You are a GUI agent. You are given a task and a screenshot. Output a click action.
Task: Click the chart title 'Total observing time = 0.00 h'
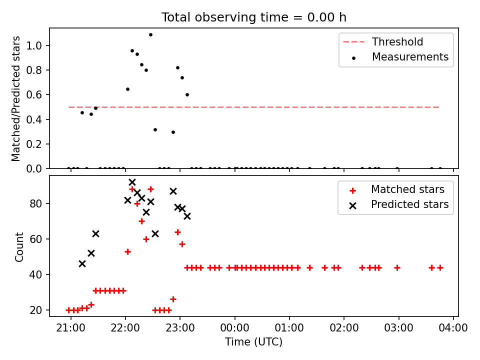tap(254, 17)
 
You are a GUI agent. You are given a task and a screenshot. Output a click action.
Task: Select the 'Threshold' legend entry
tap(383, 41)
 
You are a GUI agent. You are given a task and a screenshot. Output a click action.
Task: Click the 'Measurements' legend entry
tap(400, 57)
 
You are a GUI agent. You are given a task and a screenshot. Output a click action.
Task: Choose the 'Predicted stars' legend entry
tap(399, 204)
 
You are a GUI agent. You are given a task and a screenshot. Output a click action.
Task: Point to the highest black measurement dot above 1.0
tap(150, 35)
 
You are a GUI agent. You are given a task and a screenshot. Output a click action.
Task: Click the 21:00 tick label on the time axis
tap(70, 328)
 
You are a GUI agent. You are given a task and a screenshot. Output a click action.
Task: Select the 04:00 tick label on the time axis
tap(453, 328)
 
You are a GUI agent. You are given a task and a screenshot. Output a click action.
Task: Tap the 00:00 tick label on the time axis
tap(235, 328)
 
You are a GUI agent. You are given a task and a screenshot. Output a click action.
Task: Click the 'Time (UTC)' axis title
tap(254, 342)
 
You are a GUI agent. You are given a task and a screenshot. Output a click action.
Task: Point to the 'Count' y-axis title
tap(19, 247)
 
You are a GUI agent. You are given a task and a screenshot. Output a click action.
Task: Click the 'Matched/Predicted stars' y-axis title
tap(15, 98)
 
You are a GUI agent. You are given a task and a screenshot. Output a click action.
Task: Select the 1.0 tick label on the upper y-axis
tap(33, 45)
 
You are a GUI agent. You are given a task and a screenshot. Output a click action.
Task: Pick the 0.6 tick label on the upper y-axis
tap(33, 95)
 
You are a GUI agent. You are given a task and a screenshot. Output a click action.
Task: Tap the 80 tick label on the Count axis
tap(35, 203)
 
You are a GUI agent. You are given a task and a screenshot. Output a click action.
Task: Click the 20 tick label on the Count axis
tap(35, 310)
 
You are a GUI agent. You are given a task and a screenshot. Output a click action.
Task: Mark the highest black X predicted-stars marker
tap(132, 182)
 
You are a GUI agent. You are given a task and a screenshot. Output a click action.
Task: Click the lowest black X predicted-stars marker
tap(82, 264)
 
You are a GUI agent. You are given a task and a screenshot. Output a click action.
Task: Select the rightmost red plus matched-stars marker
tap(440, 268)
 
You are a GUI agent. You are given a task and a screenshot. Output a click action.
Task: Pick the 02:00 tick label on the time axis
tap(344, 328)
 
